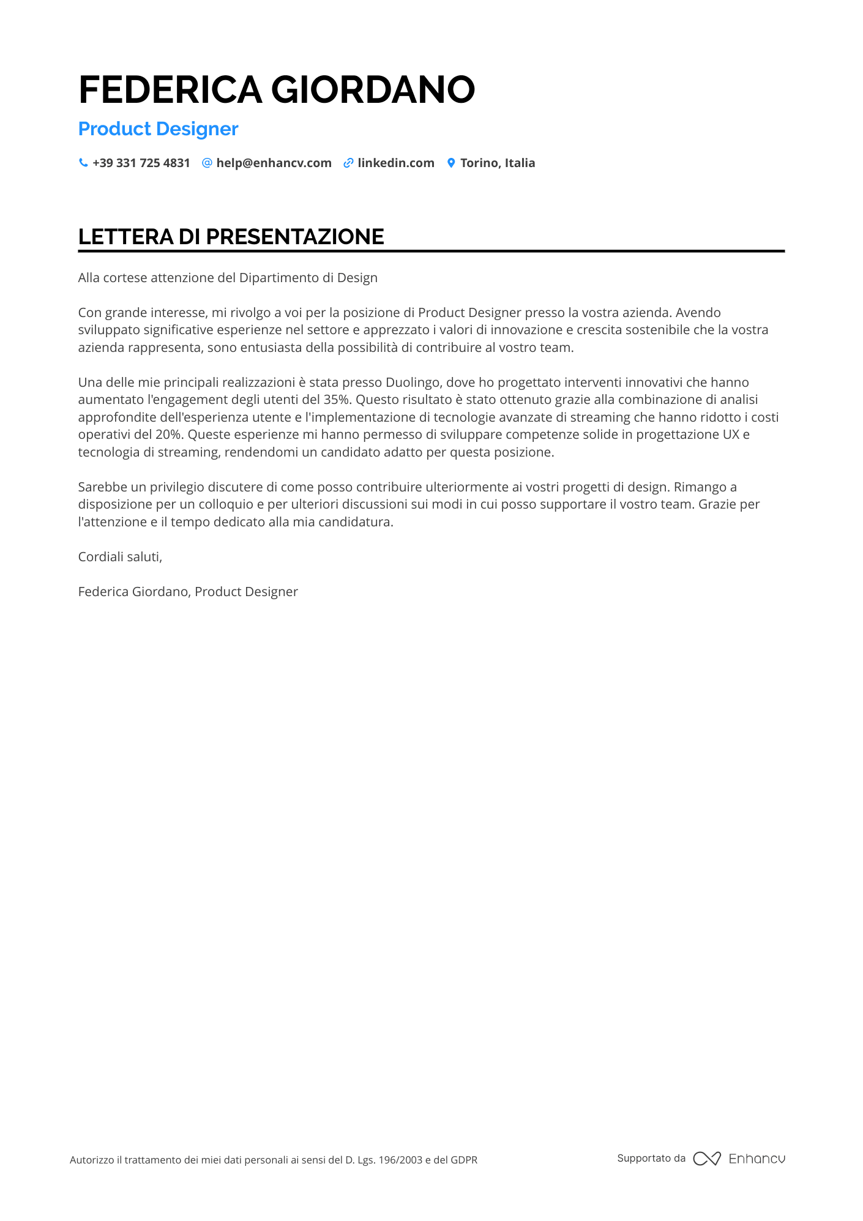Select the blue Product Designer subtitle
click(x=158, y=129)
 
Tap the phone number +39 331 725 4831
click(x=141, y=163)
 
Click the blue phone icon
click(x=83, y=163)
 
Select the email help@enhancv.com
click(x=274, y=163)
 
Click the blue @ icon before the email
click(x=207, y=163)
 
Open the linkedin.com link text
click(x=395, y=163)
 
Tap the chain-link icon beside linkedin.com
click(x=348, y=163)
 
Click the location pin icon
click(x=451, y=163)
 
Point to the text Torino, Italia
click(x=497, y=163)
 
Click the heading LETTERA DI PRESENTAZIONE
click(x=231, y=237)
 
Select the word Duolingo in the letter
click(x=413, y=383)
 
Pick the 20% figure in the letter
click(x=168, y=435)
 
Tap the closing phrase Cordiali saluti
click(x=120, y=557)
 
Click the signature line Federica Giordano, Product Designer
click(x=188, y=592)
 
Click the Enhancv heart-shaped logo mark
click(x=706, y=1159)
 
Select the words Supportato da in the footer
click(x=651, y=1158)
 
